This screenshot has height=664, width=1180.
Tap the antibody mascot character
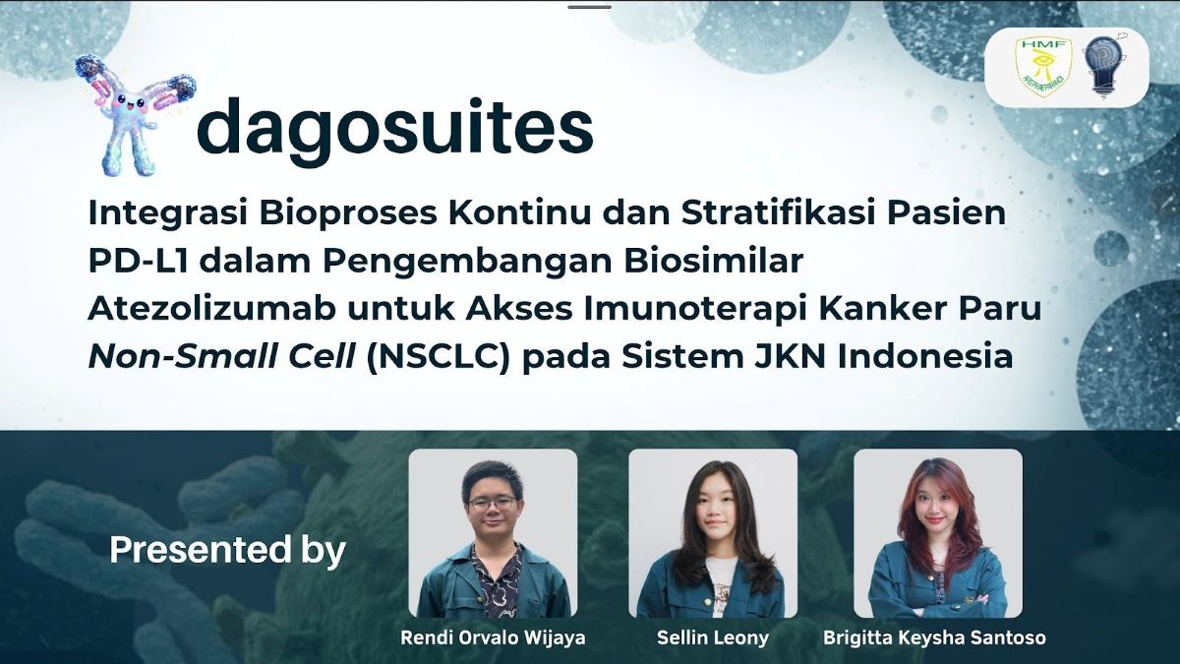coord(136,114)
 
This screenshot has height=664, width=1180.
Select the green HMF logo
coord(1036,67)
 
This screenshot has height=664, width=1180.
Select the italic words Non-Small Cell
coord(221,357)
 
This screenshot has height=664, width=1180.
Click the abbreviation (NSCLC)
coord(439,358)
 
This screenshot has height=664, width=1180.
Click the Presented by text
coord(227,550)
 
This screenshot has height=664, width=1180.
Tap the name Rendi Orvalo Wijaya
coord(493,638)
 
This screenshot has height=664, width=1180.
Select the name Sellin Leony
coord(713,638)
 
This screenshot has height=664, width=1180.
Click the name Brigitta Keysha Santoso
coord(934,638)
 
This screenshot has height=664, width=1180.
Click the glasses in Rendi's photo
coord(493,503)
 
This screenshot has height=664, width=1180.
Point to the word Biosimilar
coord(714,261)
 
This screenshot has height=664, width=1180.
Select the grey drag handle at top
coord(589,7)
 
